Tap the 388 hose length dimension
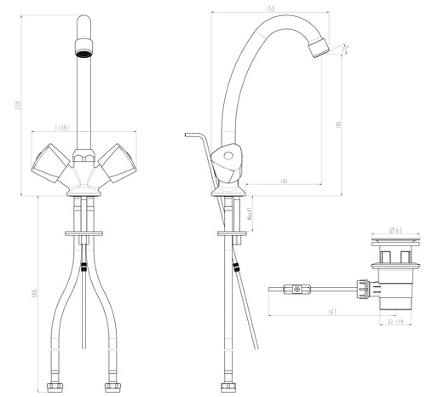click(35, 294)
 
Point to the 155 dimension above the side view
click(269, 9)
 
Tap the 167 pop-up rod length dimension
click(332, 312)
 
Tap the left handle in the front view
click(49, 161)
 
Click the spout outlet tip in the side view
click(320, 47)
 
